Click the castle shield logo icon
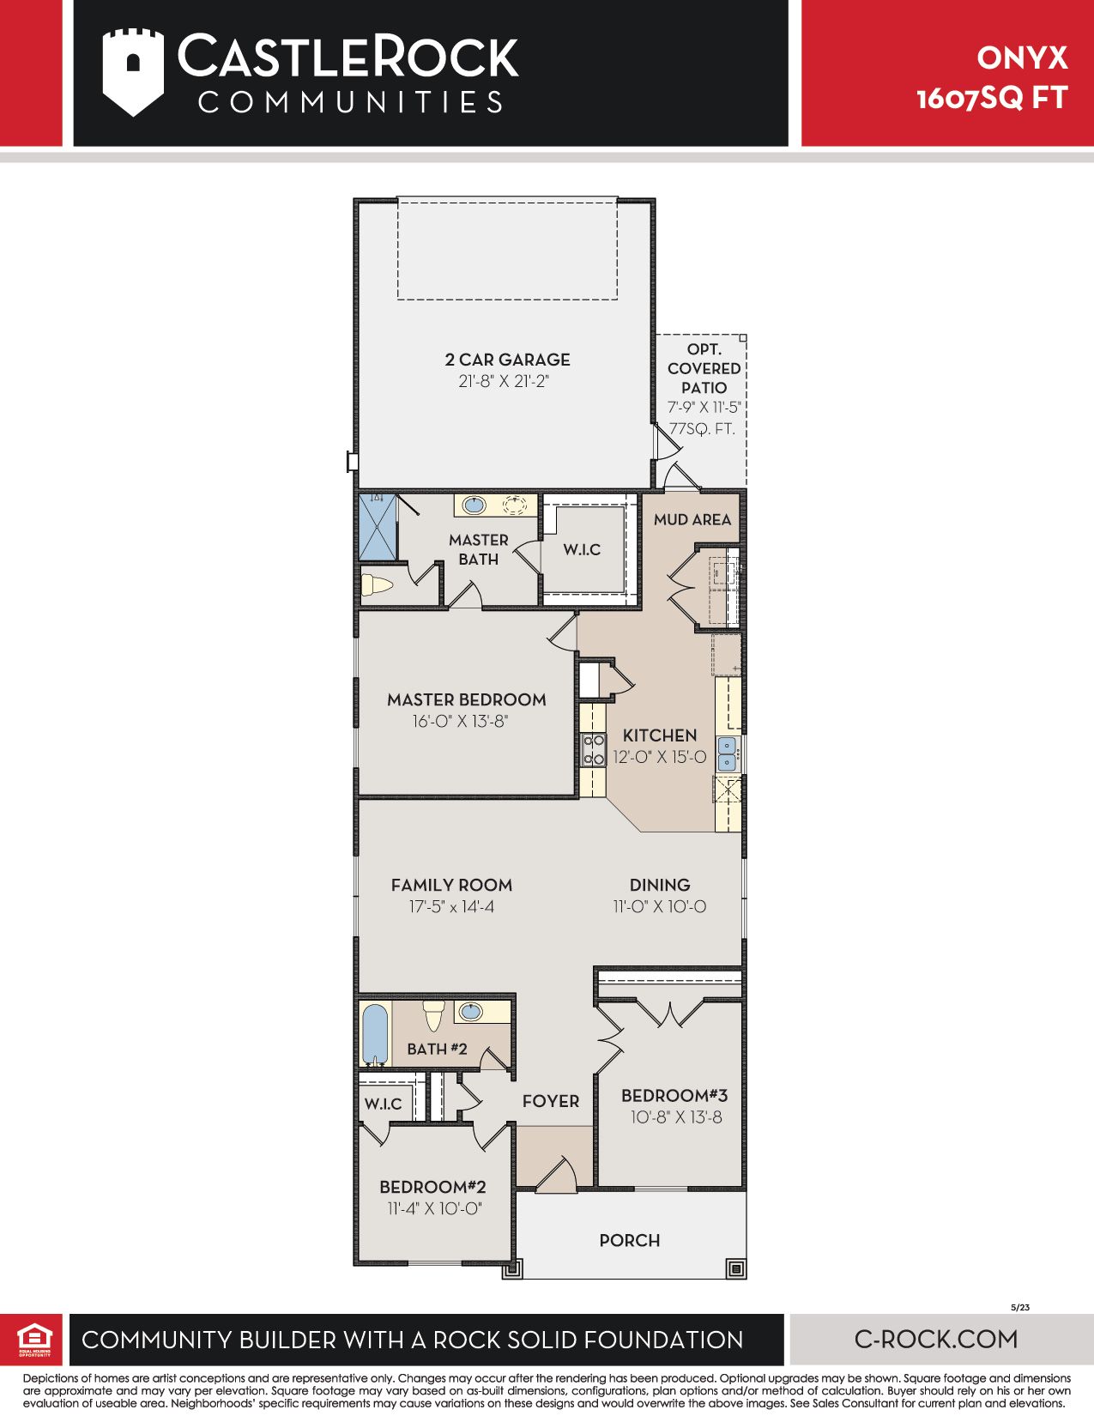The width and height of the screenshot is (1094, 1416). point(133,72)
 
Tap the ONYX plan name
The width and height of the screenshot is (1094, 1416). point(1022,58)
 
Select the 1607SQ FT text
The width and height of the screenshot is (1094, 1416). point(992,99)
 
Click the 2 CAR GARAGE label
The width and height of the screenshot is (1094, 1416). point(507,359)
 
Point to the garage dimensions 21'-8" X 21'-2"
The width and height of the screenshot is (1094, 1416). point(504,381)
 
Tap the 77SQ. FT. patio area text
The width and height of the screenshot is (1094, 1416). point(702,429)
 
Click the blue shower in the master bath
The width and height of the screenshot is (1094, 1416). point(378,527)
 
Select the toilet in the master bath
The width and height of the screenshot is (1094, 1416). point(377,584)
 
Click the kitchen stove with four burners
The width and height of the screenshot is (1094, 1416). point(593,748)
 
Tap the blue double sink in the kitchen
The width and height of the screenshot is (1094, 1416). point(727,754)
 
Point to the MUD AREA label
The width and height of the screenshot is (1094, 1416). point(692,519)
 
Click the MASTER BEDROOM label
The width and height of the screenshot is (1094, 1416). point(467,699)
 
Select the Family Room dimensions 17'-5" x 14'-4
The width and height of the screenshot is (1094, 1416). point(451,906)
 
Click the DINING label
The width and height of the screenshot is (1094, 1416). point(659,885)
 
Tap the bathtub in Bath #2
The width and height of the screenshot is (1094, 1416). point(375,1035)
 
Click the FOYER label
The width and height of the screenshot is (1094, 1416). point(551,1101)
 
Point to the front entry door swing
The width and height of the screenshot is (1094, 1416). point(557,1174)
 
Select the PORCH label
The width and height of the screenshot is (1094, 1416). point(630,1240)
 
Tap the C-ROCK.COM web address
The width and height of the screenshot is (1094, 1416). point(935,1339)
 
